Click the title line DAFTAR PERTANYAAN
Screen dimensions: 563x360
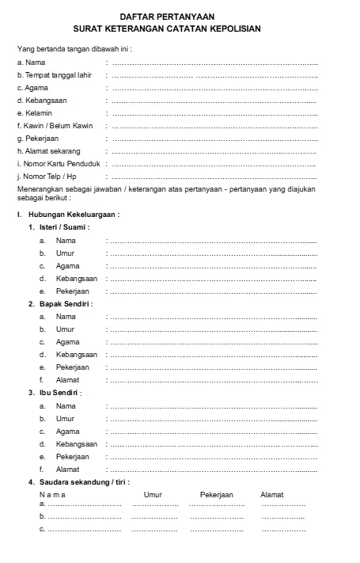coord(166,17)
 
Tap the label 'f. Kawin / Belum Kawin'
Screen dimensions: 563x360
coord(55,126)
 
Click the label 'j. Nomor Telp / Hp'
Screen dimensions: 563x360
coord(47,177)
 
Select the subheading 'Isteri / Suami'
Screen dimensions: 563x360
coord(64,227)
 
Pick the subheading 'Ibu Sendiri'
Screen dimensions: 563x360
coord(61,393)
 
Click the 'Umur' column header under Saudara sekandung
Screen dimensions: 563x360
coord(153,495)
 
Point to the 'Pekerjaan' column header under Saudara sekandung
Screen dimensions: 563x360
coord(217,495)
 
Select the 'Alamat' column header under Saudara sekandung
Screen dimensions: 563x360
coord(271,495)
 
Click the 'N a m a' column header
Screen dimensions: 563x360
coord(53,495)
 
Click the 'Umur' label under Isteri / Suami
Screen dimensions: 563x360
coord(65,253)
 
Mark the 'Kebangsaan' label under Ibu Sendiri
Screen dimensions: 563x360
coord(77,444)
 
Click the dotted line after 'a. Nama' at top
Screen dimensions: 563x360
coord(214,63)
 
